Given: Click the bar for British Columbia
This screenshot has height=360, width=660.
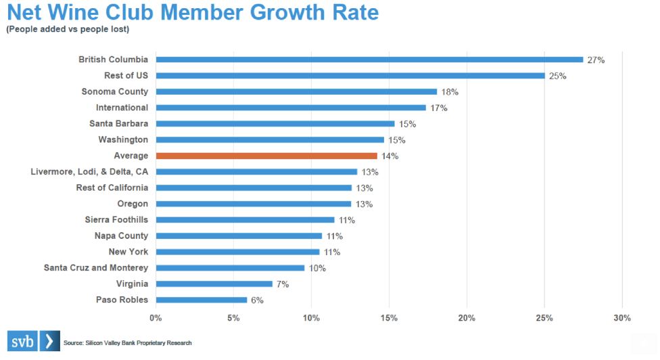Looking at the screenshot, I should pyautogui.click(x=369, y=60).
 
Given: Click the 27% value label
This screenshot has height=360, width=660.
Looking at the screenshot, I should pyautogui.click(x=596, y=60).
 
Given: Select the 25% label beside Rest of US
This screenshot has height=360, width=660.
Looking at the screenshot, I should pyautogui.click(x=557, y=76).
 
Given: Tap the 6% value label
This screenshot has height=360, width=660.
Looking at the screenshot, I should pyautogui.click(x=257, y=300).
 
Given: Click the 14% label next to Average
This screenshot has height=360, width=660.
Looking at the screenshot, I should pyautogui.click(x=390, y=156).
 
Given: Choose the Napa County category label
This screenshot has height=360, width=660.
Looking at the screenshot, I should pyautogui.click(x=121, y=236).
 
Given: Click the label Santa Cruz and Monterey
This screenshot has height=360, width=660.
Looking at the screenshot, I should pyautogui.click(x=96, y=268).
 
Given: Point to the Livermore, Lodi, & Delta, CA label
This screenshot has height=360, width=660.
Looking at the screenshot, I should pyautogui.click(x=89, y=172).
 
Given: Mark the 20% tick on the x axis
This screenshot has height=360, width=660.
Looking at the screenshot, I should pyautogui.click(x=467, y=318).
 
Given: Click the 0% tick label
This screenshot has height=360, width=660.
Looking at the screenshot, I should pyautogui.click(x=156, y=318).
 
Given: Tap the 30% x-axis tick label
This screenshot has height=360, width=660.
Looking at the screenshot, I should pyautogui.click(x=622, y=318).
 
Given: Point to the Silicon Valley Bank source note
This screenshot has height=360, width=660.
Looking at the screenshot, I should pyautogui.click(x=128, y=343).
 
